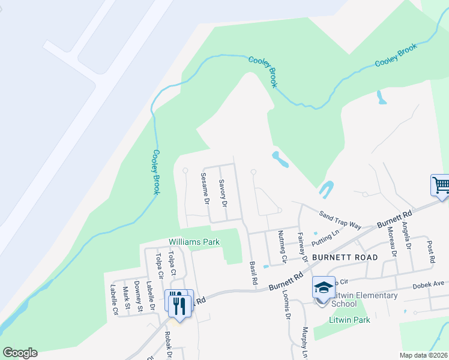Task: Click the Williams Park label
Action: pyautogui.click(x=194, y=242)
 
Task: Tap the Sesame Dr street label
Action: pyautogui.click(x=204, y=189)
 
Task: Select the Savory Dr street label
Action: pyautogui.click(x=222, y=193)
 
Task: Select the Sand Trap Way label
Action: pyautogui.click(x=340, y=220)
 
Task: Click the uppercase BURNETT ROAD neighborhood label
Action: pyautogui.click(x=345, y=257)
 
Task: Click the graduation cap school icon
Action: pyautogui.click(x=324, y=289)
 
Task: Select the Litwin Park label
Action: pyautogui.click(x=350, y=320)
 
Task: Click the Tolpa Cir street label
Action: pyautogui.click(x=159, y=266)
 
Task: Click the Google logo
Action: pyautogui.click(x=20, y=353)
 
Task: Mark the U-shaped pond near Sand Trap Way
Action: pyautogui.click(x=327, y=190)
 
